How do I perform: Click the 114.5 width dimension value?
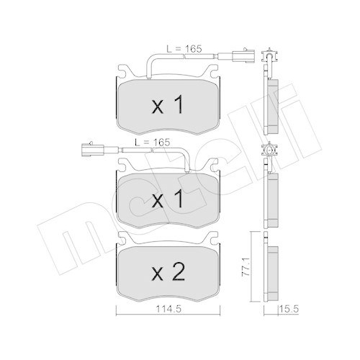coord(168,310)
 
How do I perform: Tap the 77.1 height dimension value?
coord(246,267)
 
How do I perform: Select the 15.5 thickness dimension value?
coord(289,310)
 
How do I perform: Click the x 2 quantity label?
coord(168,272)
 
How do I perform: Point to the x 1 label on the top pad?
coord(168,104)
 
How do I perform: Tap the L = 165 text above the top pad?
coord(184,49)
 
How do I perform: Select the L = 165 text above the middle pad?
coord(153,143)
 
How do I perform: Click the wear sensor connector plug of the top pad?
coord(243,56)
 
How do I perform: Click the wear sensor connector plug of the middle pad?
coord(93,149)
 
